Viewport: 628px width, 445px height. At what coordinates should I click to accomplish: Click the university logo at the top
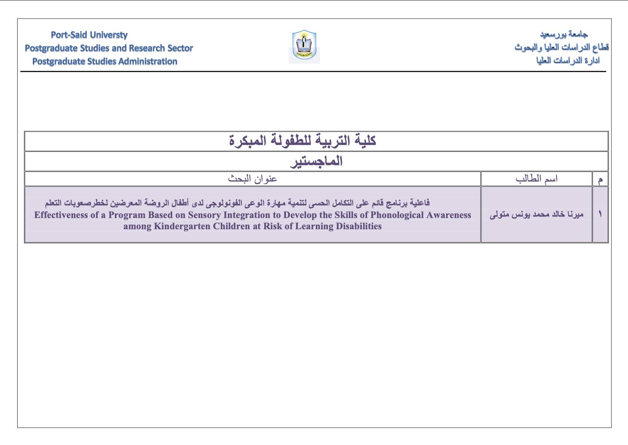tap(304, 46)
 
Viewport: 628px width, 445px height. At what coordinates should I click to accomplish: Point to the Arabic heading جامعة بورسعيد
tap(564, 35)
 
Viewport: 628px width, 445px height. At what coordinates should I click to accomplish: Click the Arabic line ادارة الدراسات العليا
tap(568, 61)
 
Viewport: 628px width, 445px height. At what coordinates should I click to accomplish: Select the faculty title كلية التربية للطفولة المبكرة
tap(302, 141)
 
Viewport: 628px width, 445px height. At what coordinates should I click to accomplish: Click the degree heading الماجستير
tap(316, 162)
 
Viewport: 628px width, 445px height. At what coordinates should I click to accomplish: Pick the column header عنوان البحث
tap(253, 179)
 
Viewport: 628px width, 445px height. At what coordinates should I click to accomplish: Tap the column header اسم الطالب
tap(536, 179)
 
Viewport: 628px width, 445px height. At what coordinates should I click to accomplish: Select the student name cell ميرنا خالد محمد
tap(536, 215)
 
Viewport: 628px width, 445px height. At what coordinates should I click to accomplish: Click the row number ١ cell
tap(600, 214)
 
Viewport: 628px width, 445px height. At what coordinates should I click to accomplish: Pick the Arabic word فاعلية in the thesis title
tap(419, 203)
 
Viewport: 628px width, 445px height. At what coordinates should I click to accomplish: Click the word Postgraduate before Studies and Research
tap(51, 48)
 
